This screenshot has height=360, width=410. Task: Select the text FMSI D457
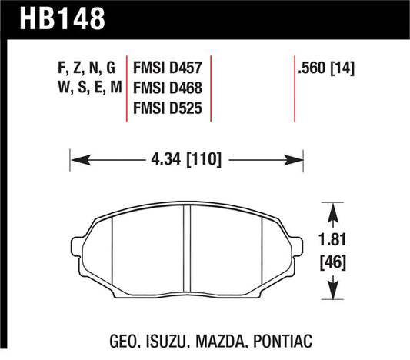[x=168, y=67]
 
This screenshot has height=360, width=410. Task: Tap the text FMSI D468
[x=168, y=88]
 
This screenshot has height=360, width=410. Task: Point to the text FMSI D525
[x=168, y=108]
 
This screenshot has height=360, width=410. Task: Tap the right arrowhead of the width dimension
[x=299, y=160]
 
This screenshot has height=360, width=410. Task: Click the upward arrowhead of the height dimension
[x=332, y=210]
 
